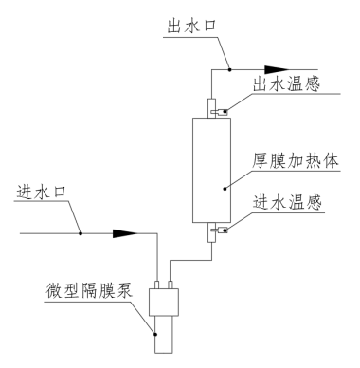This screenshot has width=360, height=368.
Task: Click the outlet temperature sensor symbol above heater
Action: coord(218,111)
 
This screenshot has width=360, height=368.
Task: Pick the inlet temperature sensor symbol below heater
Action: coord(219,227)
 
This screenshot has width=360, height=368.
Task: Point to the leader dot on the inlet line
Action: coord(81,232)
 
